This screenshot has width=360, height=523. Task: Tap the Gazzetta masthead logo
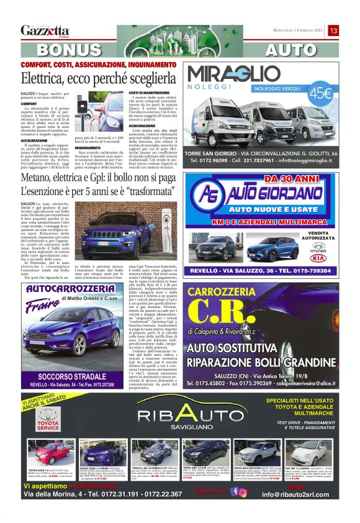pyautogui.click(x=45, y=30)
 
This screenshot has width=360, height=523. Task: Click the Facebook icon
pyautogui.click(x=233, y=491)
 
